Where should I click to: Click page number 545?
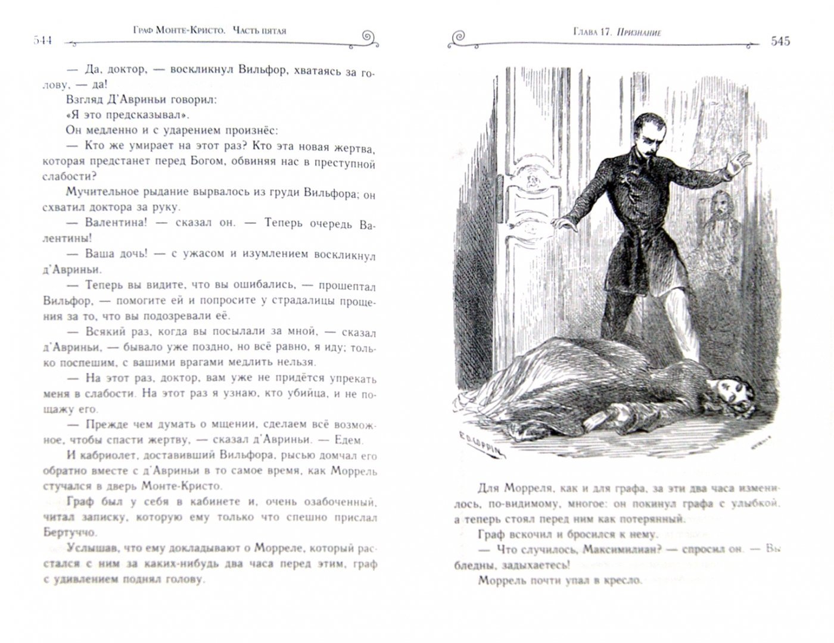(x=780, y=41)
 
